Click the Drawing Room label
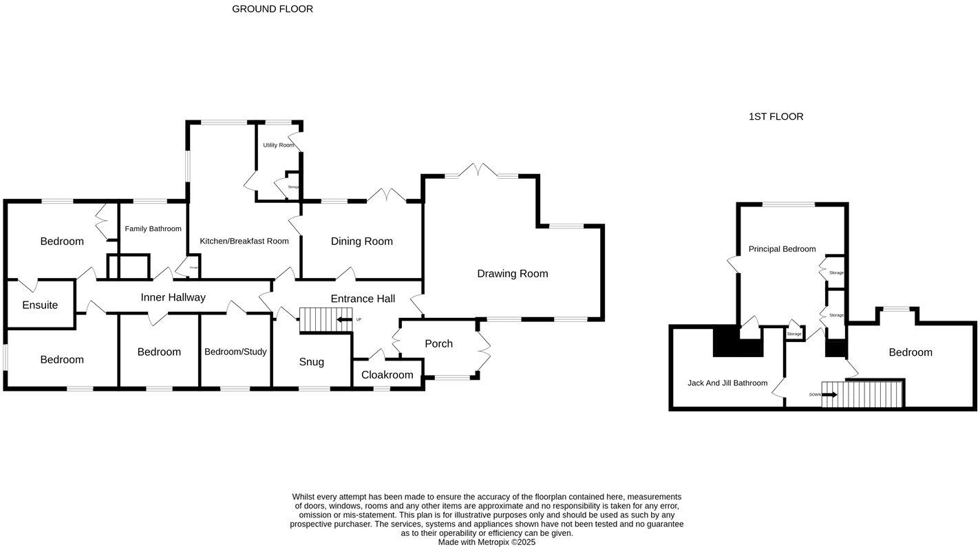coord(513,274)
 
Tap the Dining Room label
coord(362,242)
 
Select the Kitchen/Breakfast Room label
coord(244,242)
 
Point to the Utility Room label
coord(279,145)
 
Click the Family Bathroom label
coord(153,229)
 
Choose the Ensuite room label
coord(40,305)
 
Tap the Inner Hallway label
coord(173,298)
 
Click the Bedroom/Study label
coord(235,352)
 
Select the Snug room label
coord(312,363)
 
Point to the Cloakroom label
coord(387,375)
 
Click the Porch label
coord(439,344)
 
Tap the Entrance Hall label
coord(363,299)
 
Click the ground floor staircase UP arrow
coord(343,319)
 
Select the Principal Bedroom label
coord(782,249)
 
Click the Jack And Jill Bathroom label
coord(727,383)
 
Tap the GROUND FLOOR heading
coord(273,9)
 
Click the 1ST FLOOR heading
coord(776,117)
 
